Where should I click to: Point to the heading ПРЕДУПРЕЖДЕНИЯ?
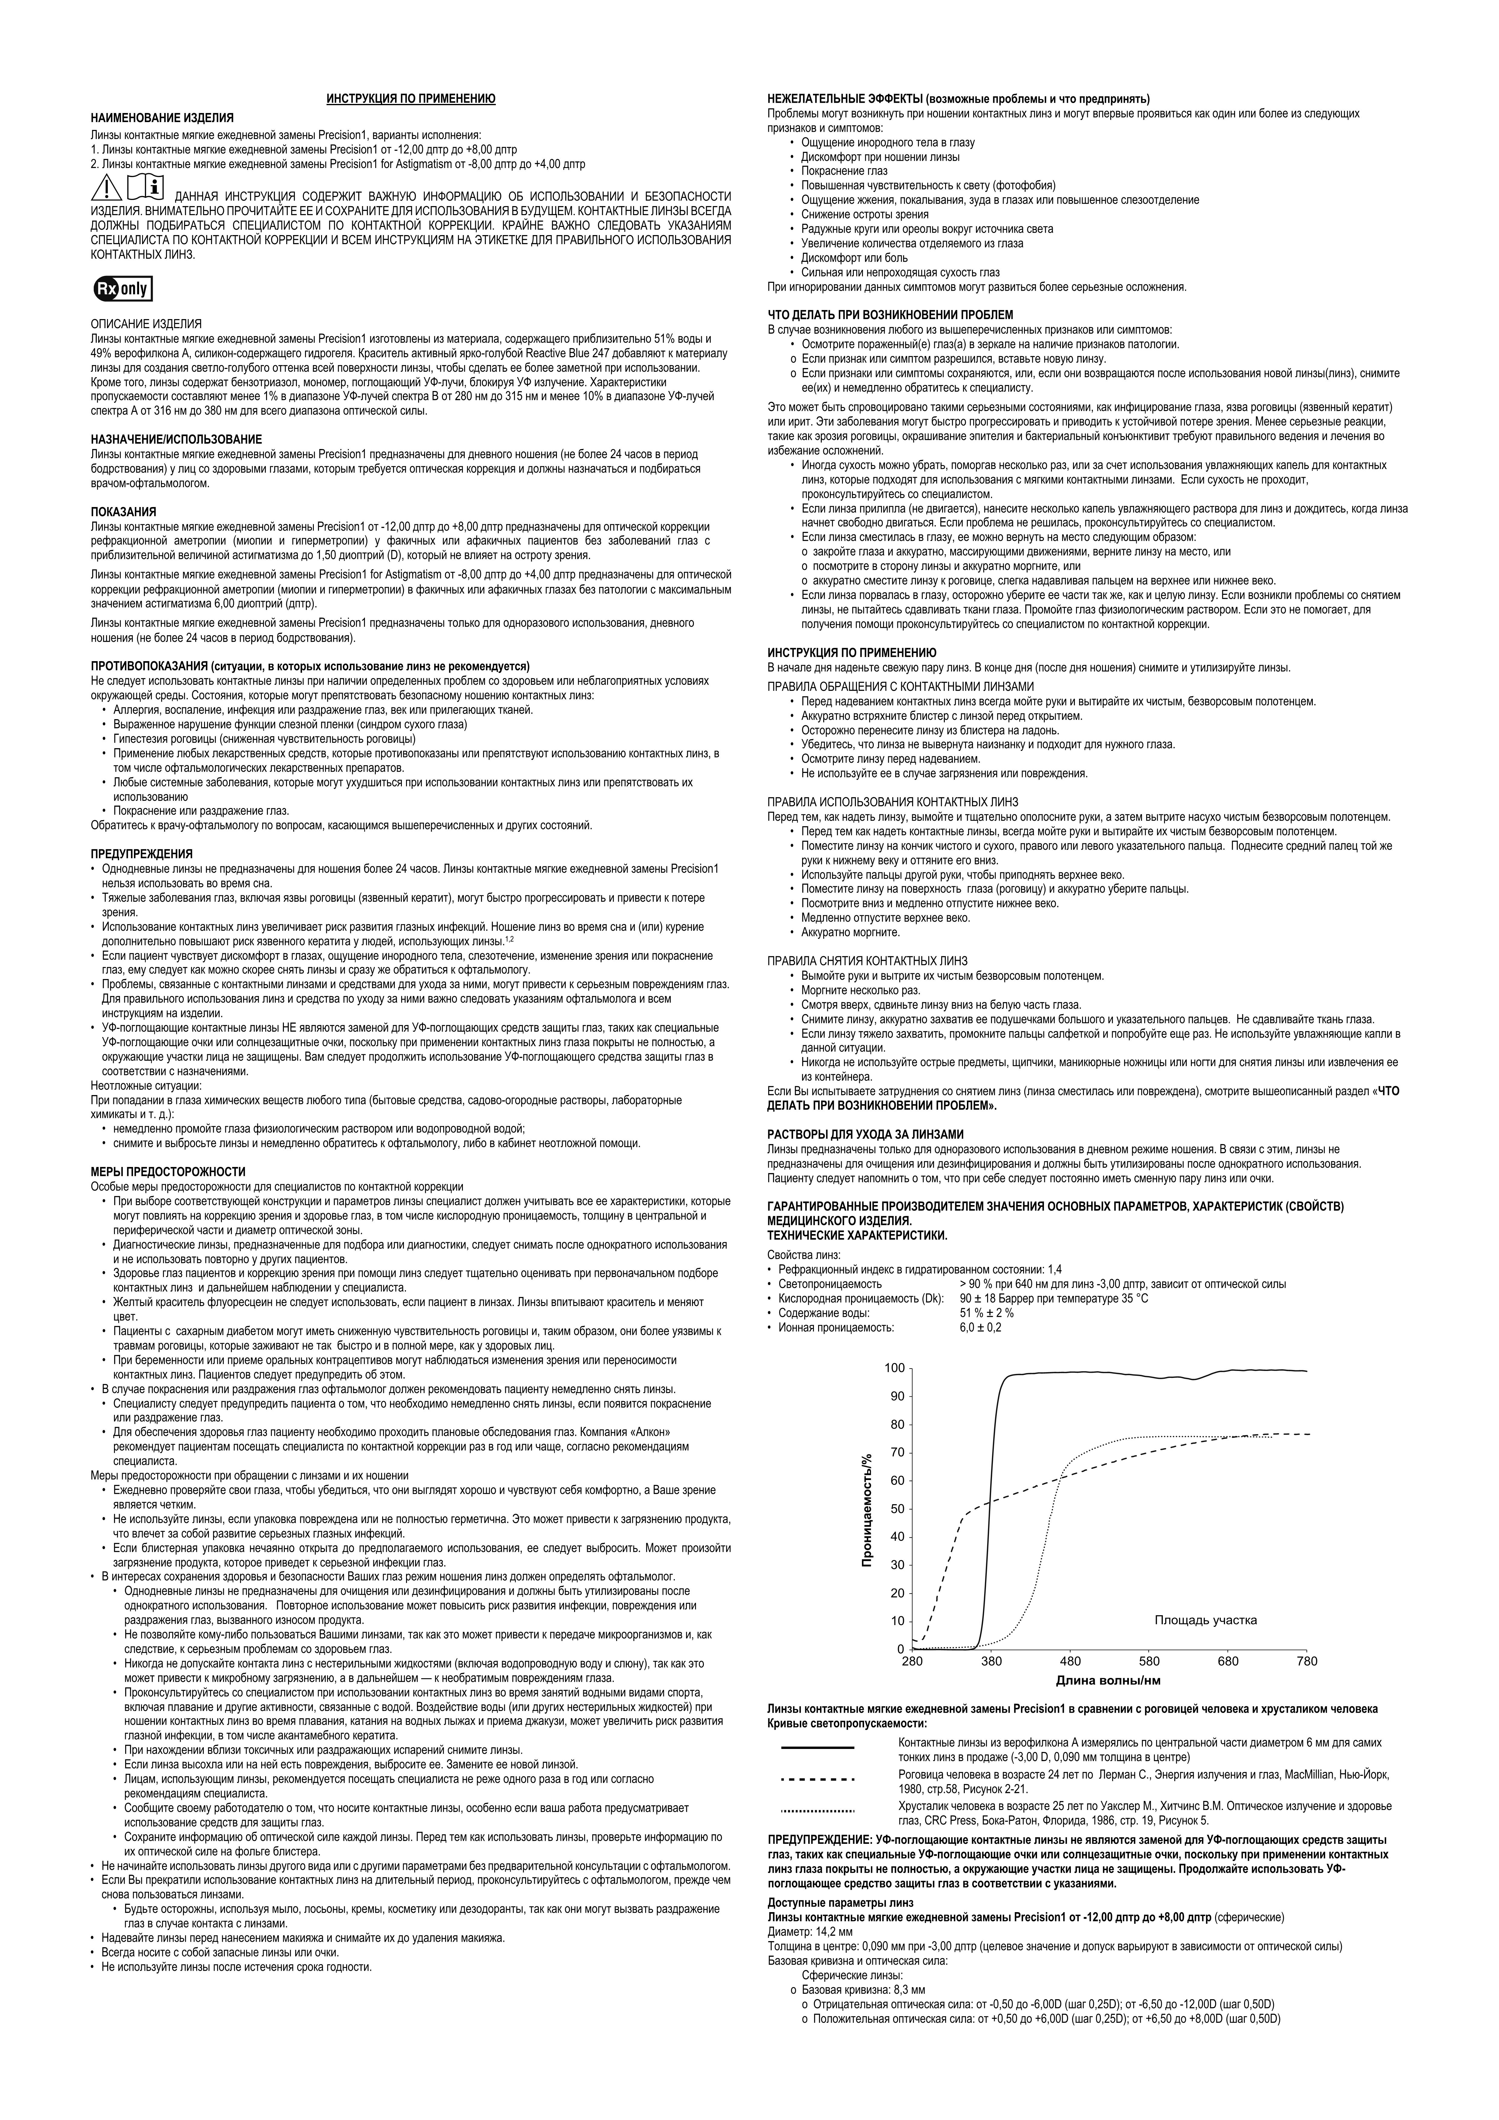(x=141, y=854)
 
